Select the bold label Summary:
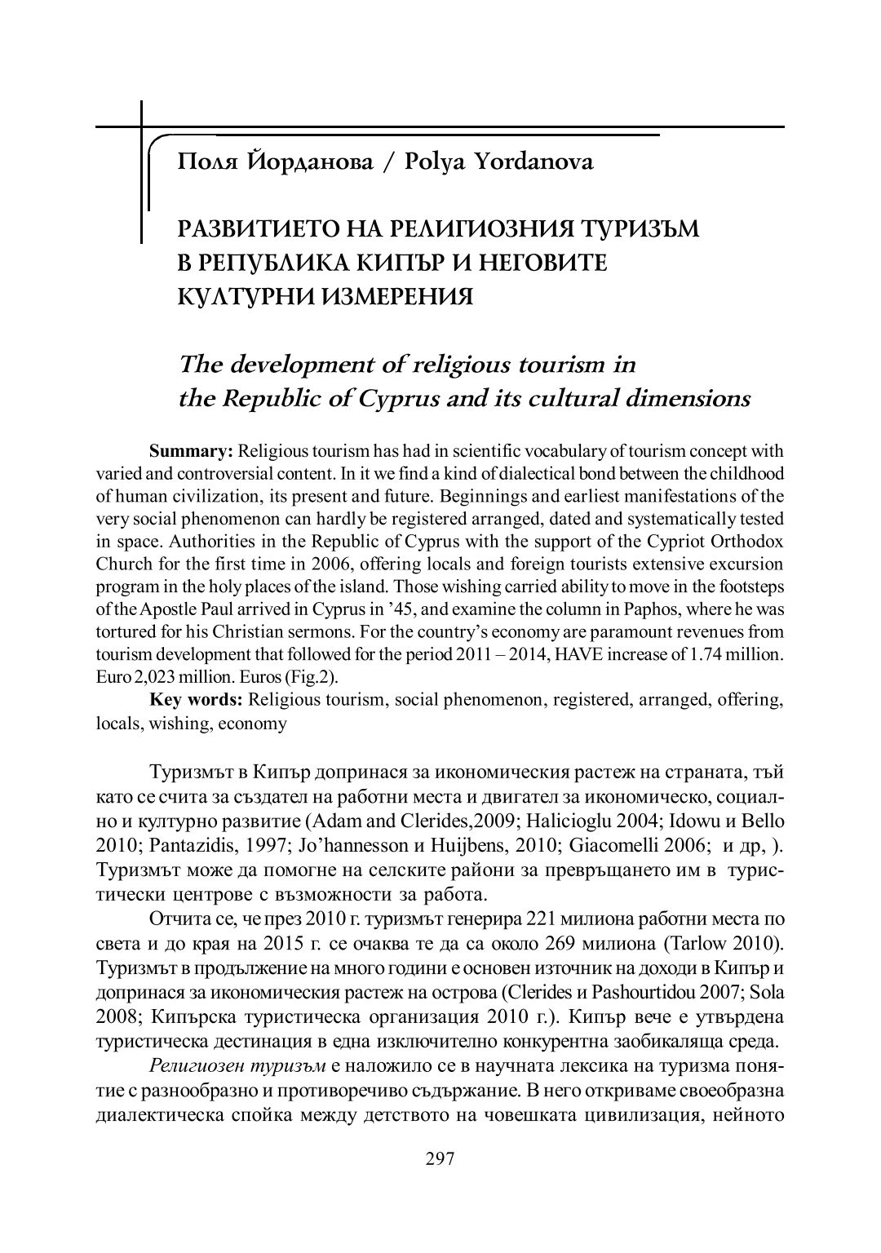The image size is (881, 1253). coord(191,451)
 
